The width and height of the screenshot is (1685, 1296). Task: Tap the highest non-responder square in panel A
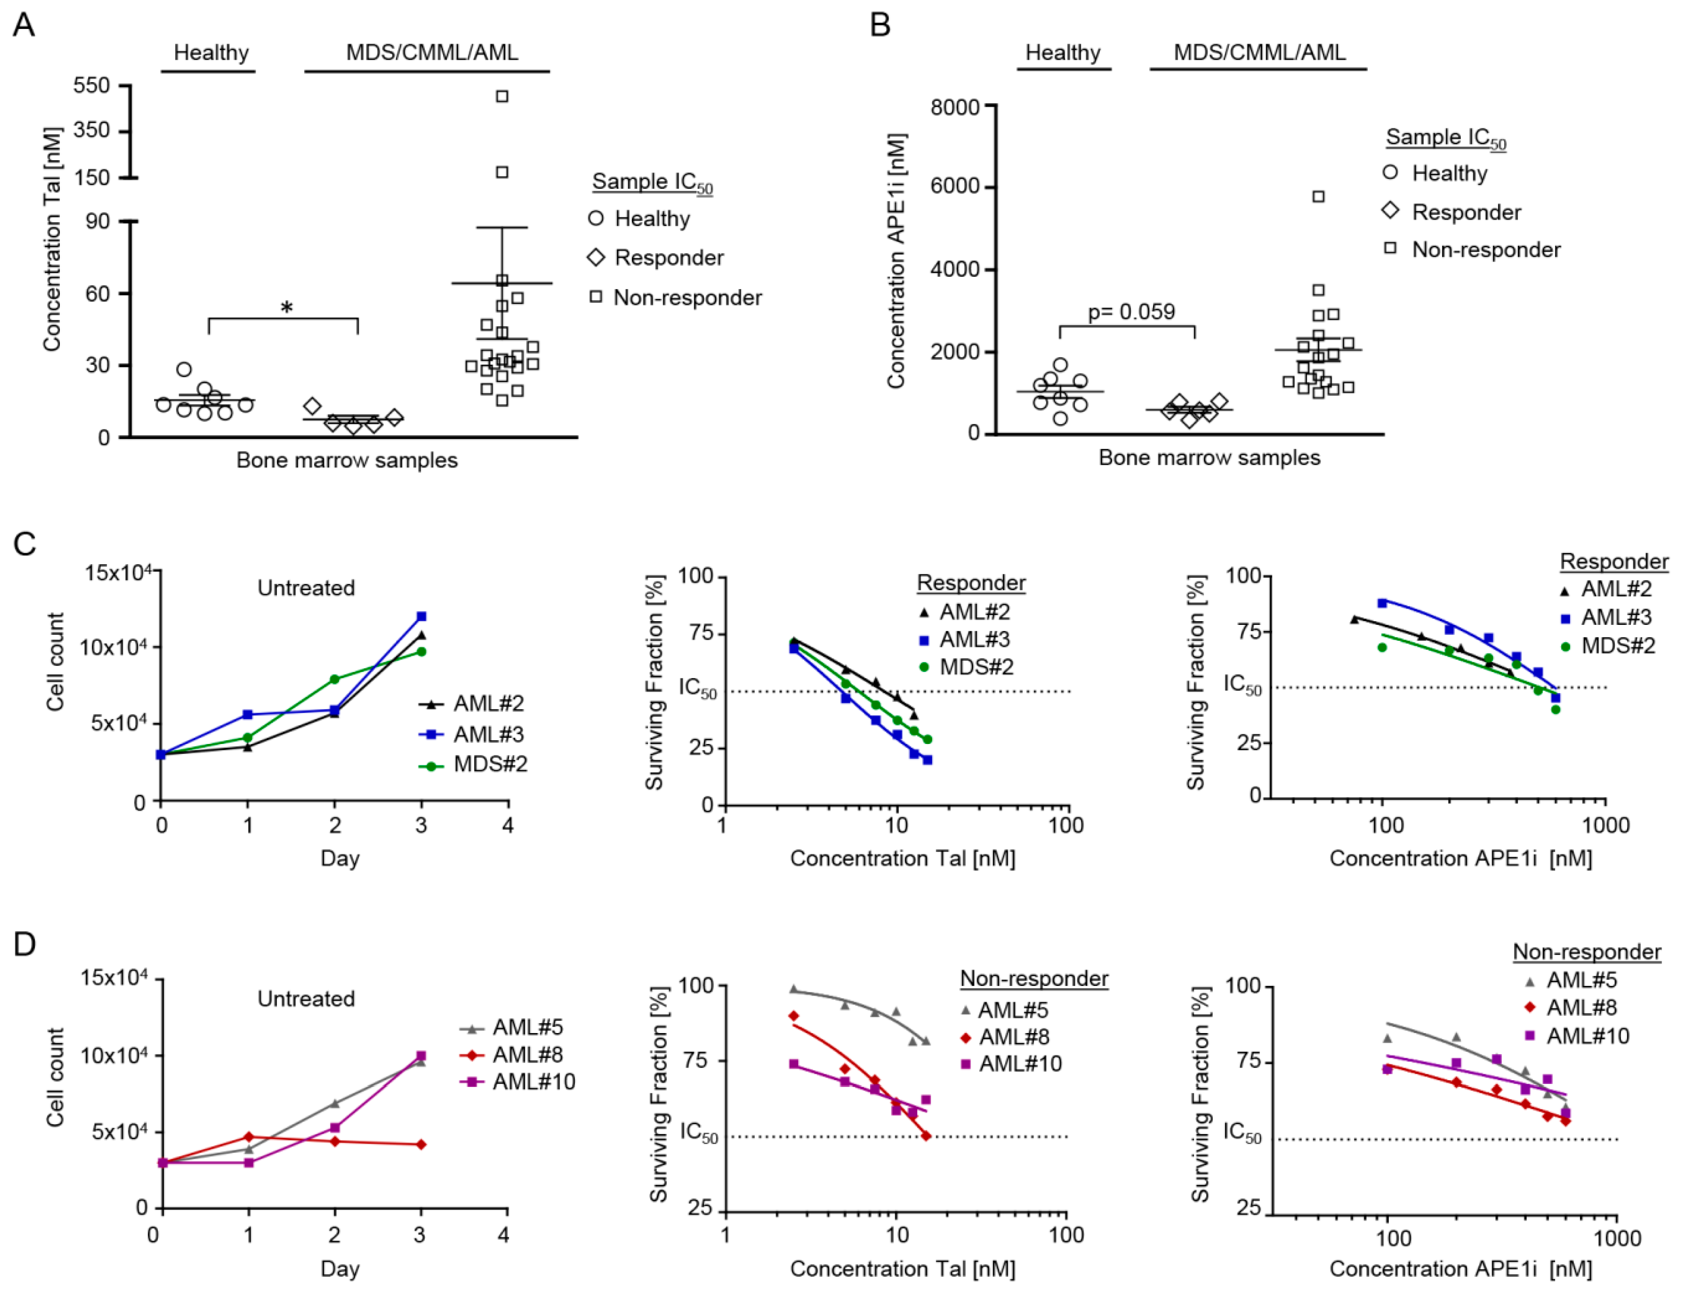point(502,96)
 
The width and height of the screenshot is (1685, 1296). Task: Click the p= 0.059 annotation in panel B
point(1131,312)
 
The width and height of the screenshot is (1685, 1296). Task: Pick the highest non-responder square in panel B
point(1318,197)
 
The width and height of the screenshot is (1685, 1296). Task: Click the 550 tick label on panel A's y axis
point(92,85)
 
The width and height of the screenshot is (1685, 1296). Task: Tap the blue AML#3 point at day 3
point(421,616)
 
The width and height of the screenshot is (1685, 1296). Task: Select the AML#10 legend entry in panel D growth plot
point(534,1082)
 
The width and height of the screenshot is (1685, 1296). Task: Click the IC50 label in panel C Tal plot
point(697,687)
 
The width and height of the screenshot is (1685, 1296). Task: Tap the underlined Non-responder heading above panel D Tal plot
point(1034,978)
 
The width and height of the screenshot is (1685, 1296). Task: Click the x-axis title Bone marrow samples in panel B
point(1209,458)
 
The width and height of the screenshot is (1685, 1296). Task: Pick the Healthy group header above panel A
point(211,52)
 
